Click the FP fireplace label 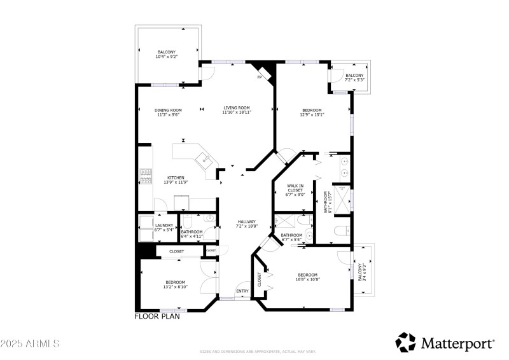[x=259, y=78]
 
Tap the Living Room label [x=236, y=109]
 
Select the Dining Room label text [x=168, y=112]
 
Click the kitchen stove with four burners [x=146, y=175]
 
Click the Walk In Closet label [x=296, y=191]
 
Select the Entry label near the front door [x=242, y=291]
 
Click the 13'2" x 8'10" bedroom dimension [x=175, y=287]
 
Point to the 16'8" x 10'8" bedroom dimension [x=307, y=279]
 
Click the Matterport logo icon [x=405, y=342]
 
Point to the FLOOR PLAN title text [x=157, y=316]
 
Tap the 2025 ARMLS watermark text [x=30, y=343]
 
